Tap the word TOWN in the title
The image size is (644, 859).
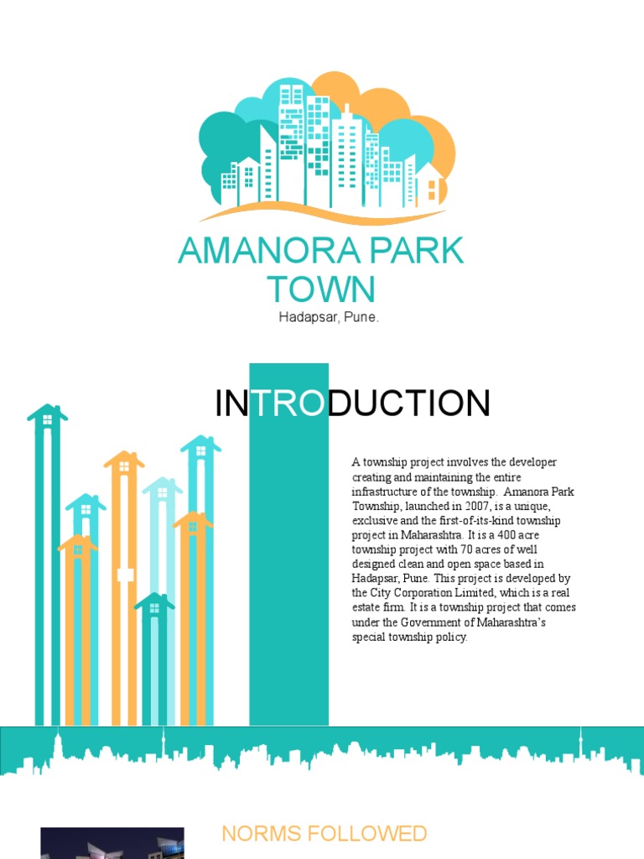tap(321, 289)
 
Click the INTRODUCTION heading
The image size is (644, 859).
tap(352, 403)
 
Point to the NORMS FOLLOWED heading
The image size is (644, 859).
tap(324, 833)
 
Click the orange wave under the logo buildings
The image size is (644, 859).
tap(323, 216)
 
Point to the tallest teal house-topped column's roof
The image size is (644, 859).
tap(47, 414)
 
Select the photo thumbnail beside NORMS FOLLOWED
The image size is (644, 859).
tap(112, 843)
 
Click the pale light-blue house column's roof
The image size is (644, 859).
tap(162, 486)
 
